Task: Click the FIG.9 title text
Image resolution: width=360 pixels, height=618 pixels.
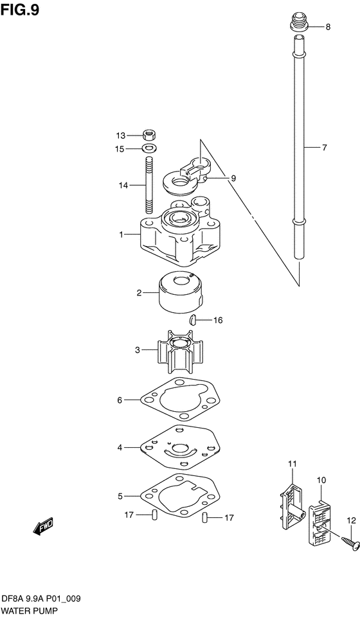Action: tap(20, 10)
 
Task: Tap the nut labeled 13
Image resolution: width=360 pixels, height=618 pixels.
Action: tap(148, 136)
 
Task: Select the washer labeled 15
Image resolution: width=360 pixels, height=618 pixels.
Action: tap(148, 149)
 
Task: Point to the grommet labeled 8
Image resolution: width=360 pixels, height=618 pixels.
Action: tap(300, 23)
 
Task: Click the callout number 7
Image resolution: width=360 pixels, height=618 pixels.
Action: tap(324, 148)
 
